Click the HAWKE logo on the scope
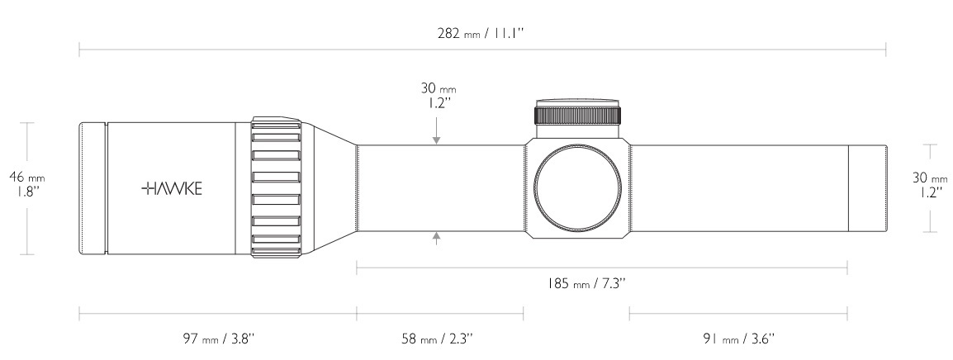pyautogui.click(x=172, y=188)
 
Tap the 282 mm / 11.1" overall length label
pyautogui.click(x=481, y=33)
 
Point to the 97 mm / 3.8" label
pyautogui.click(x=217, y=339)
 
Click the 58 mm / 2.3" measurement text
pyautogui.click(x=437, y=339)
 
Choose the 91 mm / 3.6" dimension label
pyautogui.click(x=739, y=339)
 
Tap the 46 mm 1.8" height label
pyautogui.click(x=27, y=184)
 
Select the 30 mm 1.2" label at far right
pyautogui.click(x=930, y=184)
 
